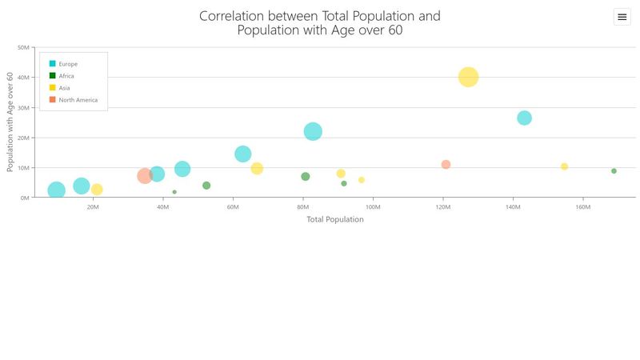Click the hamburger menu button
(x=622, y=17)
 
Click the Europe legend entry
(x=68, y=64)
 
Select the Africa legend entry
(x=66, y=76)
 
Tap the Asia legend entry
(x=64, y=88)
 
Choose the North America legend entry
(x=78, y=100)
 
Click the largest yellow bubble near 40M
(x=468, y=77)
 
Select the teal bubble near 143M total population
(x=524, y=118)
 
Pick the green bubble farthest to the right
(x=614, y=170)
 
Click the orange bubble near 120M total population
(x=446, y=164)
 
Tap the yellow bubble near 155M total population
(x=564, y=166)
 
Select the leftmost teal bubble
(x=56, y=190)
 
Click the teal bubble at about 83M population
(x=313, y=131)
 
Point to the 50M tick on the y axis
(x=23, y=47)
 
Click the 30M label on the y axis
(x=23, y=107)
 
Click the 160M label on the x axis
(x=582, y=207)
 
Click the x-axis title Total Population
(x=335, y=219)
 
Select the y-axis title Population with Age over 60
(x=10, y=122)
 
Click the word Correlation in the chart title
(x=236, y=16)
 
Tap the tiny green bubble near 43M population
(x=174, y=192)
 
